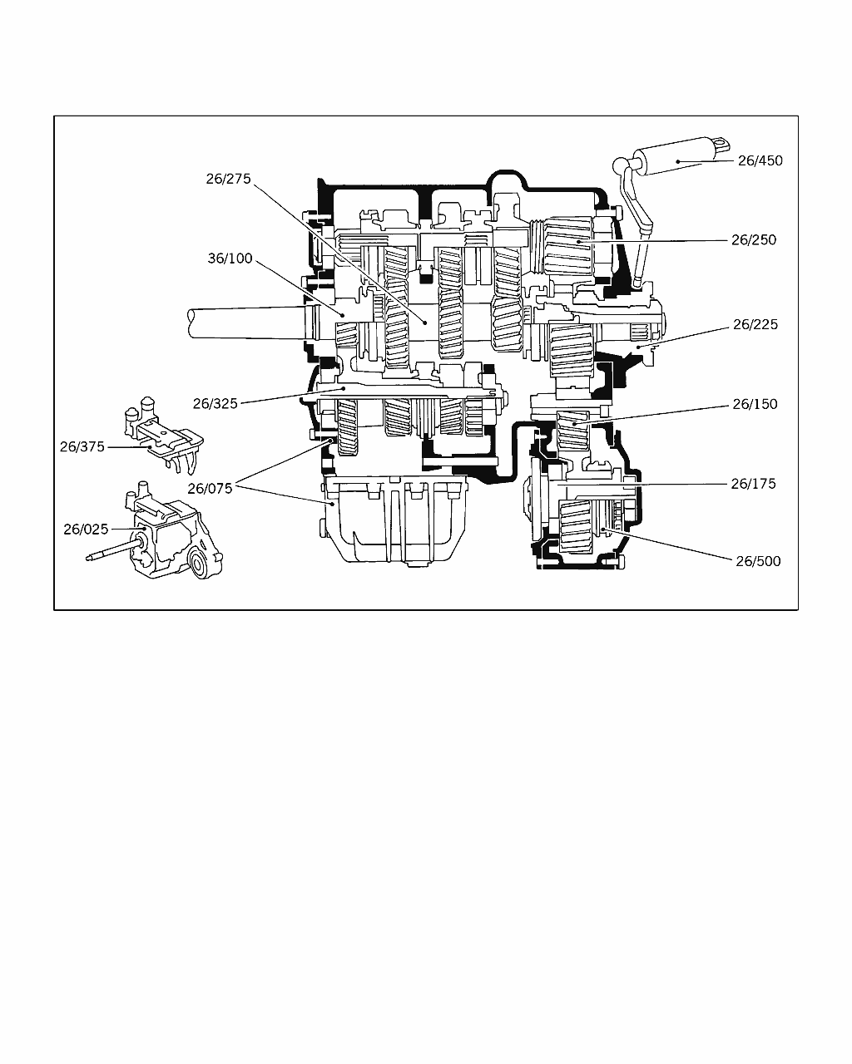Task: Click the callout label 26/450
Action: tap(760, 160)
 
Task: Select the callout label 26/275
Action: tap(228, 179)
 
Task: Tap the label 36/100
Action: tap(230, 258)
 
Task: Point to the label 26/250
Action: tap(754, 239)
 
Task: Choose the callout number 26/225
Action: tap(755, 324)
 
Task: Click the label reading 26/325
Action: tap(215, 403)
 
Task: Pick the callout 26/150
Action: tap(755, 404)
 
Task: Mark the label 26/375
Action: tap(82, 447)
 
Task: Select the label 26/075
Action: tap(210, 489)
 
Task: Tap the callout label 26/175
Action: tap(753, 484)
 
